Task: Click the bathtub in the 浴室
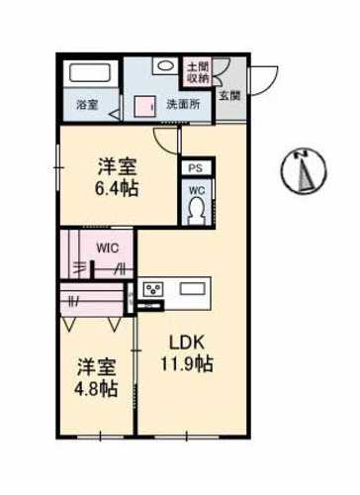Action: tap(90, 73)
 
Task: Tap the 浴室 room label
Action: tap(87, 105)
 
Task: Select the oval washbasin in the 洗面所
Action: tap(166, 65)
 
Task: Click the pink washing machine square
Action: tap(144, 106)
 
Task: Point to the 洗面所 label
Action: tap(183, 104)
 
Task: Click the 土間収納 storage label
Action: tap(198, 72)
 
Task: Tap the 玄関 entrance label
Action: tap(229, 96)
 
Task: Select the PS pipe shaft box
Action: tap(196, 168)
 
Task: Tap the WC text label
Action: tap(197, 190)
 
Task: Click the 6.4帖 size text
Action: tap(117, 189)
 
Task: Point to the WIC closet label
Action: tap(108, 247)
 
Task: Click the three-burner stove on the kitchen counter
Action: tap(153, 289)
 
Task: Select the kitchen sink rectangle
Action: tap(192, 289)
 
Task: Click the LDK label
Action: tap(187, 344)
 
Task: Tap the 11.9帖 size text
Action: tap(187, 363)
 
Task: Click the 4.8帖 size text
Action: tap(96, 389)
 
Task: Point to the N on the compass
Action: tap(301, 153)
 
